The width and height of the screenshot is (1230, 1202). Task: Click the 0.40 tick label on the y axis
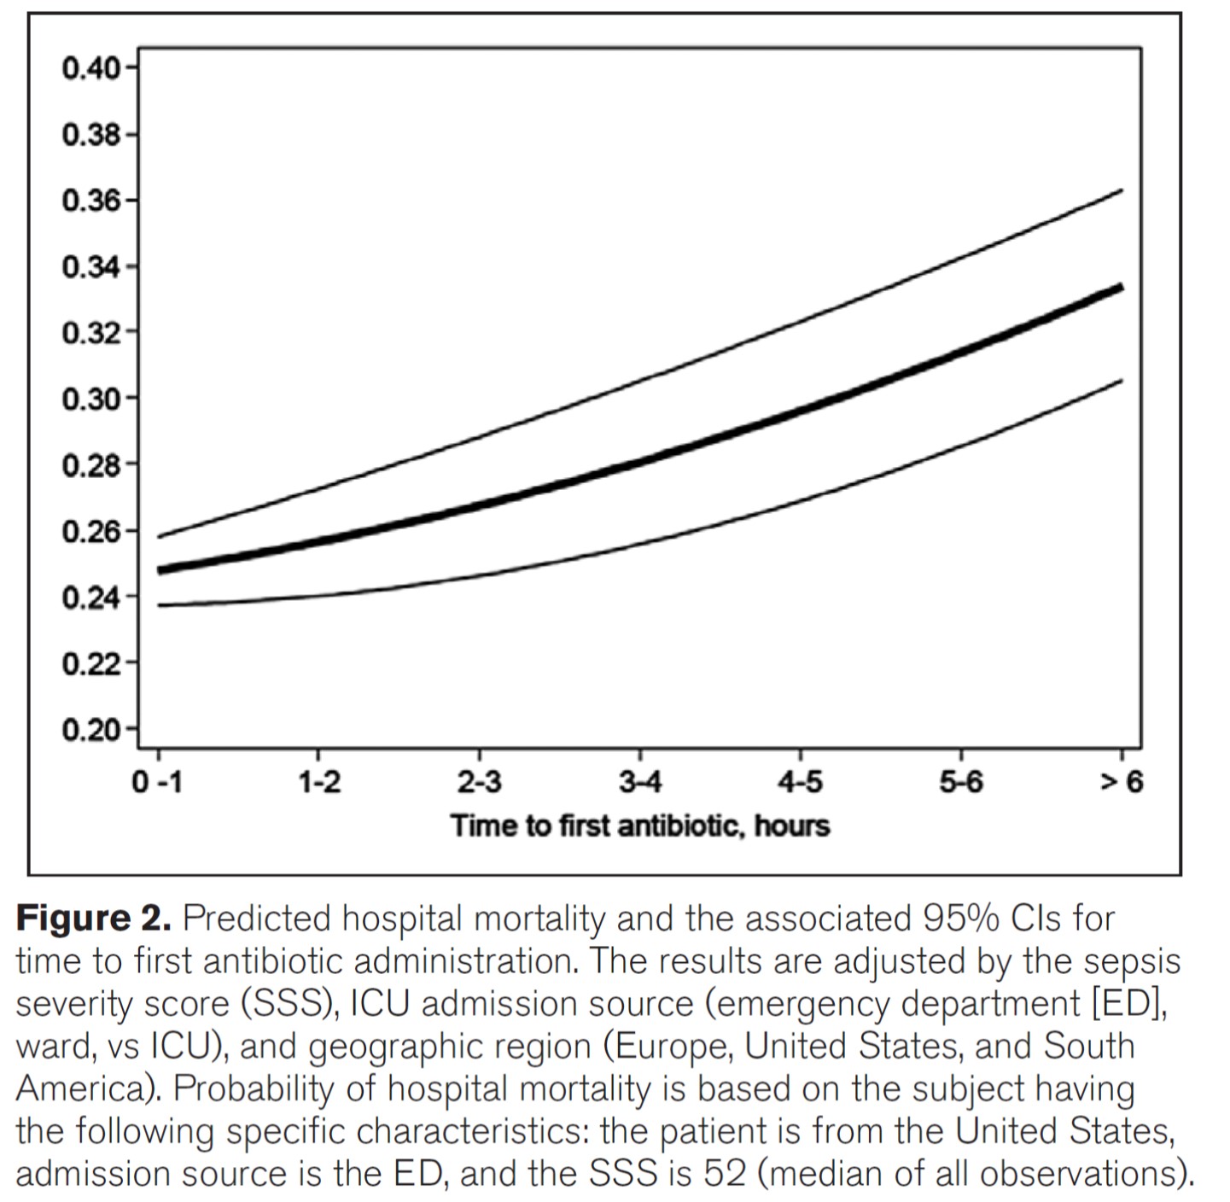[x=90, y=68]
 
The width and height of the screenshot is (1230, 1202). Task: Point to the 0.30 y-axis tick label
[x=90, y=399]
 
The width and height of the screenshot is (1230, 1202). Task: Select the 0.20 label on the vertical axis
[x=90, y=731]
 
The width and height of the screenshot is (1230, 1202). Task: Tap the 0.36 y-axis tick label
[x=90, y=201]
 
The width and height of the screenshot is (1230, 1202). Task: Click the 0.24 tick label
[x=90, y=598]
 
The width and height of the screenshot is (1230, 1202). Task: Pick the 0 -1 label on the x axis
[x=157, y=782]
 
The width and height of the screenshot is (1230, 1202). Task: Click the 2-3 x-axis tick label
[x=479, y=782]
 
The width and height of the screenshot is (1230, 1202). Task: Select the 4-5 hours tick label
[x=800, y=782]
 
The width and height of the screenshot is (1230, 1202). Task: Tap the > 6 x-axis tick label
[x=1120, y=782]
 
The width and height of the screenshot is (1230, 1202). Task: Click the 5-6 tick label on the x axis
[x=961, y=782]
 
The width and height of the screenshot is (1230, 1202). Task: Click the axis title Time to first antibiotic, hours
[x=640, y=826]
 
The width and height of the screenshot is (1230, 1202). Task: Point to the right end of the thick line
[x=1122, y=288]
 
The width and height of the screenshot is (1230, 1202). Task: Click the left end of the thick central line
[x=160, y=570]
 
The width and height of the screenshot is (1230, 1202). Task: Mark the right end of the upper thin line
[x=1122, y=190]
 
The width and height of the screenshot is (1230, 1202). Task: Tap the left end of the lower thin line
[x=160, y=605]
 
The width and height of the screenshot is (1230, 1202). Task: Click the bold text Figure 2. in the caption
[x=94, y=919]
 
